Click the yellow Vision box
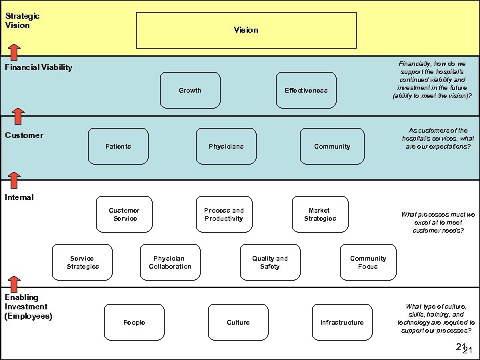pos(246,30)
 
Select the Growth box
pos(190,91)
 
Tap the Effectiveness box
pos(306,91)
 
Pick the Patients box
pos(119,147)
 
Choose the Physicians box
pos(226,147)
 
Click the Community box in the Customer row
pos(332,147)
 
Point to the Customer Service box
pos(124,215)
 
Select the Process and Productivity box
pos(224,215)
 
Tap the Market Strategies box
pos(320,215)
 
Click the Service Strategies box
pos(83,263)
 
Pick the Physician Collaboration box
pos(169,263)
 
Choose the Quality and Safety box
pos(270,263)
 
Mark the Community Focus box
pos(368,263)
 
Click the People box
pos(134,323)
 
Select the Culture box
pos(238,323)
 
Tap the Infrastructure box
pos(342,323)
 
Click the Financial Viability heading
pos(39,67)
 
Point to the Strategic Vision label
pos(22,21)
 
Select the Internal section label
pos(19,197)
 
